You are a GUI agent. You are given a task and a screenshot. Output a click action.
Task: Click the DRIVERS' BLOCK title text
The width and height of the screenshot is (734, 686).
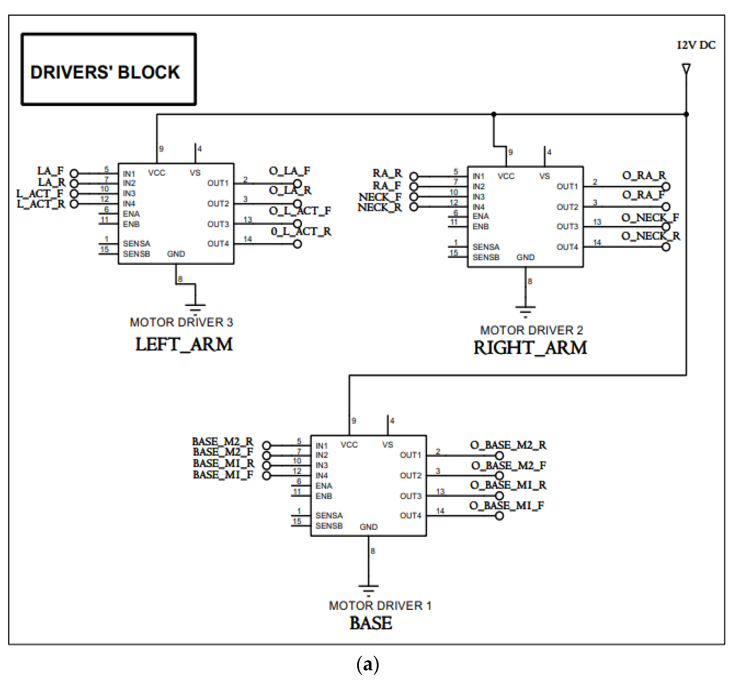click(105, 72)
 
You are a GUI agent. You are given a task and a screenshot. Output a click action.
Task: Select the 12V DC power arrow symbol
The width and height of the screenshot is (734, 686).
click(686, 69)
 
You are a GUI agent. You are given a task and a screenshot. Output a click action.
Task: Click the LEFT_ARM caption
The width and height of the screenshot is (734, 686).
click(184, 344)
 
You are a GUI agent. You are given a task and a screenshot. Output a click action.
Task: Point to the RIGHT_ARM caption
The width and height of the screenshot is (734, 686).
click(530, 348)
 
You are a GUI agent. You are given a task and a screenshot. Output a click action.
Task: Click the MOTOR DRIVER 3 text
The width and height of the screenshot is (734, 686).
click(181, 322)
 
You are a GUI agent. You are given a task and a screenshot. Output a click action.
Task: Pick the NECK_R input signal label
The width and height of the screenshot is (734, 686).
click(380, 208)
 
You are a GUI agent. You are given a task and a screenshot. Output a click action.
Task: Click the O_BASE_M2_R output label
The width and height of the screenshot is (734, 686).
click(508, 445)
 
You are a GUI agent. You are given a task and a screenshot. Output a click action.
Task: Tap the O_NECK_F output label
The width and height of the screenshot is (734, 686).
click(650, 217)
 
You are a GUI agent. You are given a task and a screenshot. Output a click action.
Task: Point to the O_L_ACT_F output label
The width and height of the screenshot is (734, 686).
click(300, 211)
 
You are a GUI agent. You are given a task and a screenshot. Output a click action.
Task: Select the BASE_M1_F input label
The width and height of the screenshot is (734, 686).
click(223, 475)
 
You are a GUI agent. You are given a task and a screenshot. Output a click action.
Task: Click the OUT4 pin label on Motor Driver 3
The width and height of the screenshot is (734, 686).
click(218, 243)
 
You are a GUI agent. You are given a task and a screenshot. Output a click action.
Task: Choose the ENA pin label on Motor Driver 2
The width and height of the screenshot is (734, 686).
click(481, 216)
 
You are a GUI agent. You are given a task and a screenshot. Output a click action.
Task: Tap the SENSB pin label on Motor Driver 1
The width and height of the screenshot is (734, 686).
click(329, 525)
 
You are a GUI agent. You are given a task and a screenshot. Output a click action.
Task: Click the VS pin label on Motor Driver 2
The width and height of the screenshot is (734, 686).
click(545, 176)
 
